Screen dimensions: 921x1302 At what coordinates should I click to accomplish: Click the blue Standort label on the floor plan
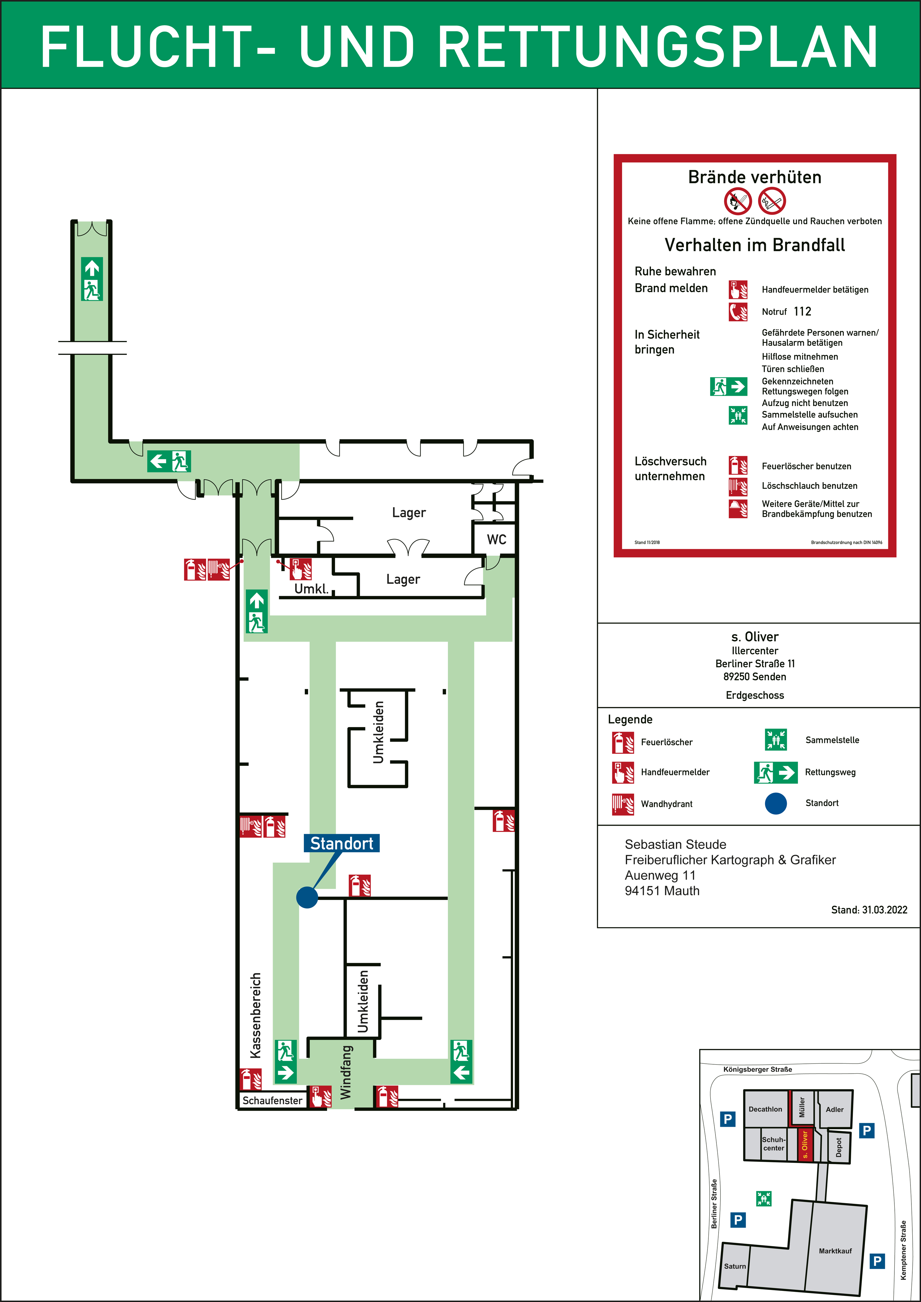[342, 843]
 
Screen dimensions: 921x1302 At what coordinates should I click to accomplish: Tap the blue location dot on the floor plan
[307, 898]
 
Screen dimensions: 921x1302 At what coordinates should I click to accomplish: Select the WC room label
[496, 539]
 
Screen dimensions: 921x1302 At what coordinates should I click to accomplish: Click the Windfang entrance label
[346, 1072]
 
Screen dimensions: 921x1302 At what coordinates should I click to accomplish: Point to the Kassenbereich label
[256, 1015]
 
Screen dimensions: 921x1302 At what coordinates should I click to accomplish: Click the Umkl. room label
[311, 589]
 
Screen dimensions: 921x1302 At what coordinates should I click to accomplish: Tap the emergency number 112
[802, 311]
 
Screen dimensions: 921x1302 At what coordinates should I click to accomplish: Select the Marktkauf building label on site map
[835, 1251]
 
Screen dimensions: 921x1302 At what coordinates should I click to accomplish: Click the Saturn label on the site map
[735, 1266]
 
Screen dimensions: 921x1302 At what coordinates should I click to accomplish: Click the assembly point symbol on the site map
[764, 1198]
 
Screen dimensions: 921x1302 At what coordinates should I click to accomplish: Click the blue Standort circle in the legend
[776, 803]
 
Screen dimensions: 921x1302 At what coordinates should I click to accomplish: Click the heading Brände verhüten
[755, 177]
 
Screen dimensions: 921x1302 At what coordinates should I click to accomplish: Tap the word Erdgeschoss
[755, 695]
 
